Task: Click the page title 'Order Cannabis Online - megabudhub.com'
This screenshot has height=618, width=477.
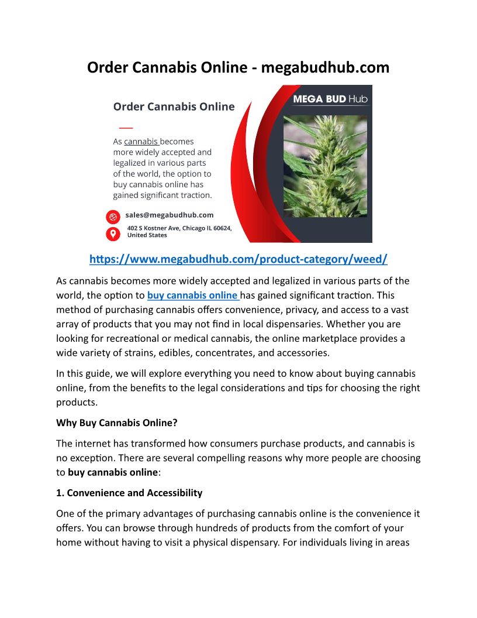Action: point(238,67)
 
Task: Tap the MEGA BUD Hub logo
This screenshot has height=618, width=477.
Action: point(330,99)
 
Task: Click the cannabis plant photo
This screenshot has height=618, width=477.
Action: point(325,166)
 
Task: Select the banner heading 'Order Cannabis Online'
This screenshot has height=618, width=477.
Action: point(174,107)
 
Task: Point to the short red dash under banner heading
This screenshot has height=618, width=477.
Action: point(126,127)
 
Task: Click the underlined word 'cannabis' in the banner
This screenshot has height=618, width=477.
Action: point(141,142)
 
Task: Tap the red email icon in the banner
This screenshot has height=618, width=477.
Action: point(113,217)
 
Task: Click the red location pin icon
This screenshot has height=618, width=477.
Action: point(113,234)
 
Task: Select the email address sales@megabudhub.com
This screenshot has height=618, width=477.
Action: point(170,215)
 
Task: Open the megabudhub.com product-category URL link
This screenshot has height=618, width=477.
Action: point(238,259)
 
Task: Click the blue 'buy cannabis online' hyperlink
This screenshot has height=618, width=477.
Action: point(193,296)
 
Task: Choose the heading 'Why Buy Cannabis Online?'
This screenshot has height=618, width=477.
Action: point(116,423)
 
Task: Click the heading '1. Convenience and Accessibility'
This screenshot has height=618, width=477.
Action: point(129,493)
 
